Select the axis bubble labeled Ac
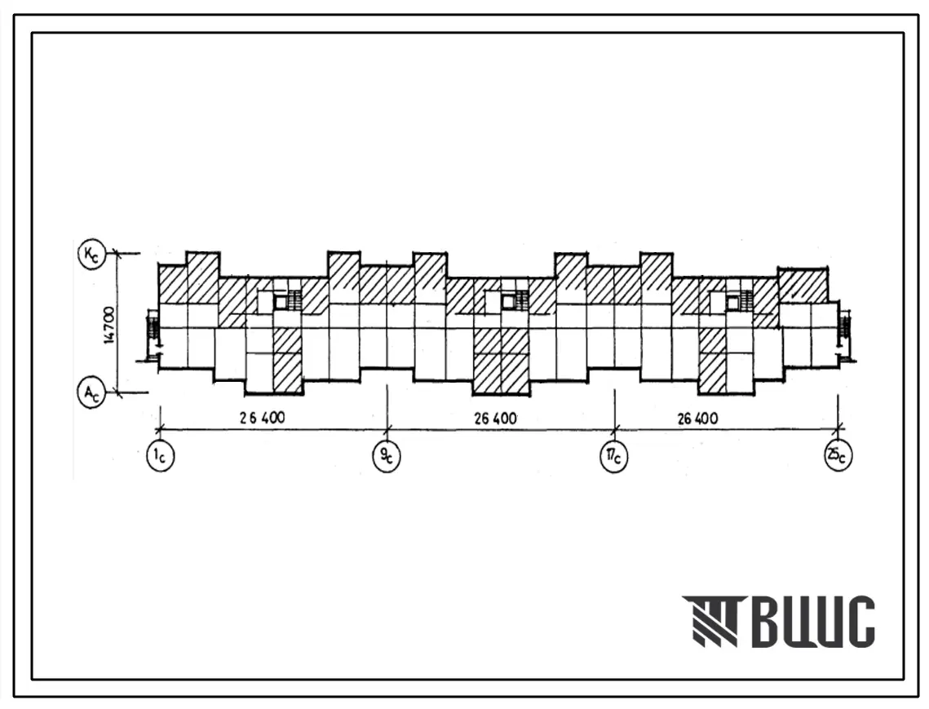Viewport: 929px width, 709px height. click(x=91, y=393)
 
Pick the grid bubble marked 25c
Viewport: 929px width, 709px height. click(x=838, y=456)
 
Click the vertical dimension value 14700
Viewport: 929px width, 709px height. click(x=109, y=325)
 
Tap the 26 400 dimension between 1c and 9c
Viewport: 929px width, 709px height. click(x=262, y=418)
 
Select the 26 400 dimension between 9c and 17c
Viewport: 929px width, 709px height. click(x=495, y=419)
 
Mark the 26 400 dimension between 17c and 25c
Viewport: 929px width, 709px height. click(x=698, y=419)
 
